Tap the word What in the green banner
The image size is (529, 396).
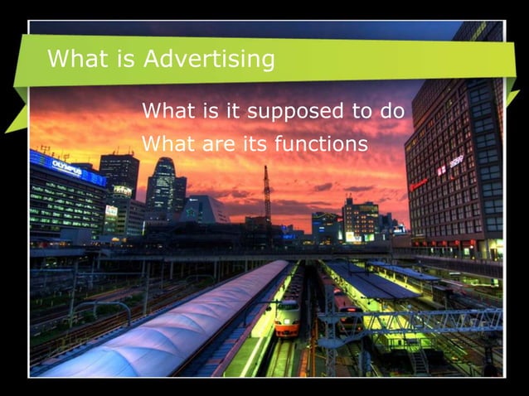pos(73,59)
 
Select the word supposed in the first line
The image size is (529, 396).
pos(289,110)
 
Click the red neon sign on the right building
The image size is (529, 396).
pos(419,183)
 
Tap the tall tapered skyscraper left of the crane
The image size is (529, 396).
pos(163,187)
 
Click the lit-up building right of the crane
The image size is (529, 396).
pos(362,219)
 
